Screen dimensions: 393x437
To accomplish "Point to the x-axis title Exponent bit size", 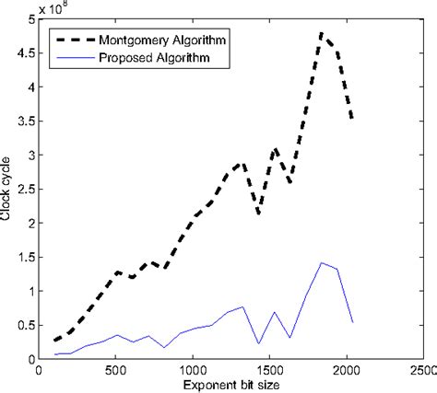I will click(230, 384).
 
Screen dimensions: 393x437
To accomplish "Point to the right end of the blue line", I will click(352, 322).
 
